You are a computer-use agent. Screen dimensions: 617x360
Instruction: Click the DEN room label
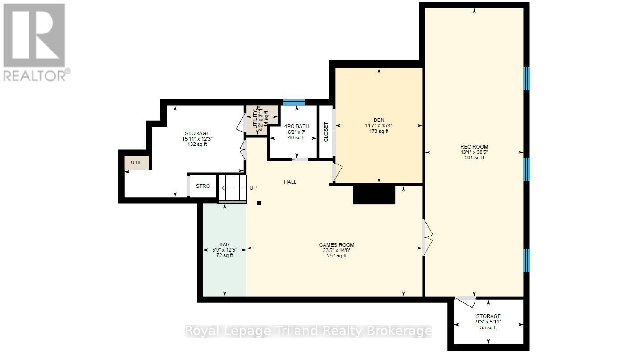pos(379,120)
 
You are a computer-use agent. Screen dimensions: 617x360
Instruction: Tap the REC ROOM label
pos(474,147)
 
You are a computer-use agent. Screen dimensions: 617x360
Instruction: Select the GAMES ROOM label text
pos(337,245)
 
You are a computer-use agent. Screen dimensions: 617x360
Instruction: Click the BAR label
pos(225,244)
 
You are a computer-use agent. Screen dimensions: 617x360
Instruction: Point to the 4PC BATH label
pos(296,126)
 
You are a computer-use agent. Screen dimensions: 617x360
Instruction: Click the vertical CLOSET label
pos(326,132)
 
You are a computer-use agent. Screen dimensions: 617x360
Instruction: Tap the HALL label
pos(290,182)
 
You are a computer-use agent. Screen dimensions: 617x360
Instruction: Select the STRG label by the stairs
pos(203,186)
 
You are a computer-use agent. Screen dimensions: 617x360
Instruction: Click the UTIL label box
pos(136,162)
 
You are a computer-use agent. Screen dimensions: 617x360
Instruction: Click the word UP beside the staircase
pos(253,188)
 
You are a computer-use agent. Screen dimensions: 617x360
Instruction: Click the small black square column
pos(259,203)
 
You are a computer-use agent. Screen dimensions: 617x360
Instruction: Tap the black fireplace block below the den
pos(374,195)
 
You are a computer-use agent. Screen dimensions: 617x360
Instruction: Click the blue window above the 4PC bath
pos(294,103)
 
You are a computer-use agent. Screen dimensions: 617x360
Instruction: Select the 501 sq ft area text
pos(474,158)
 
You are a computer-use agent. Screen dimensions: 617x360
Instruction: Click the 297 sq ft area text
pos(337,256)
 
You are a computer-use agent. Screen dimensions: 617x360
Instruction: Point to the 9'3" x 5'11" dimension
pos(488,322)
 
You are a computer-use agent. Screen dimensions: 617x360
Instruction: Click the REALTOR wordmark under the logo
pos(35,76)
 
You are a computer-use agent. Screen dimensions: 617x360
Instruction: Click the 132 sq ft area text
pos(197,144)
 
